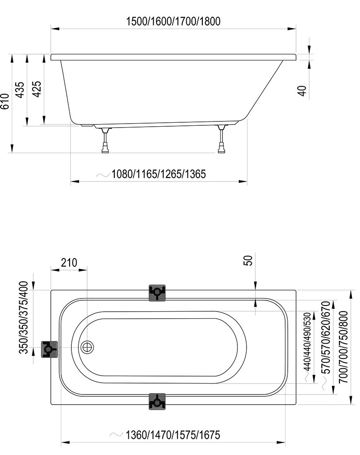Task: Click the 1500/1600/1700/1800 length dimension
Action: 173,21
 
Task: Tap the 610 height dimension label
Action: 5,101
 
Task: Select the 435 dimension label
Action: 20,90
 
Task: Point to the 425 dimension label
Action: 36,89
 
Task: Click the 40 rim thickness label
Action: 302,91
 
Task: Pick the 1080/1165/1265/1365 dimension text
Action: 159,174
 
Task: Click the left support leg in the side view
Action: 105,140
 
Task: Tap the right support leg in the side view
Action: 222,139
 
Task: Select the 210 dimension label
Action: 69,263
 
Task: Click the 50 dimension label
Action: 248,260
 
